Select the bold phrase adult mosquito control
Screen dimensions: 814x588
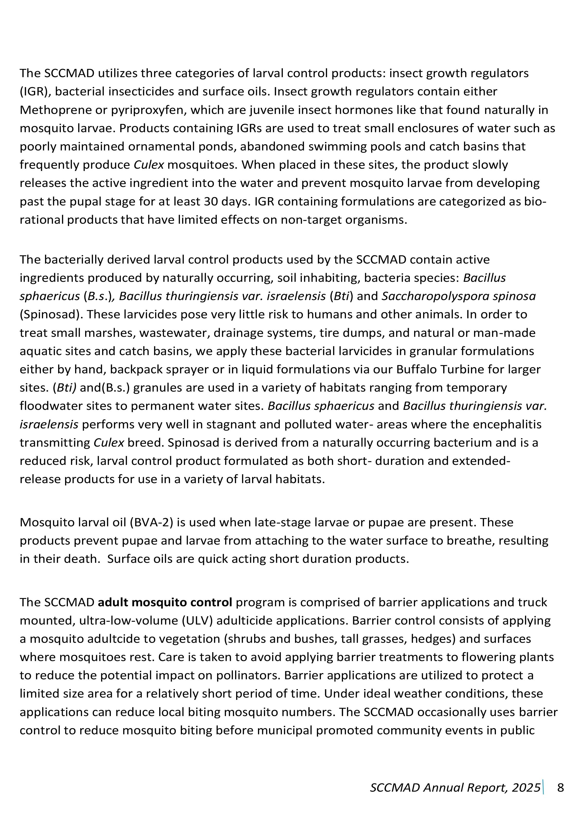[165, 602]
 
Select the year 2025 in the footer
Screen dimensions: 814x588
[526, 788]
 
